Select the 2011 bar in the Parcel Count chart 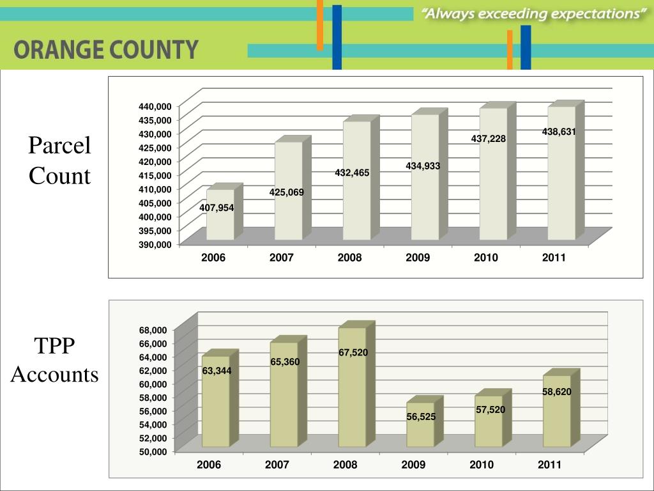pyautogui.click(x=561, y=179)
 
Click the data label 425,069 pyautogui.click(x=287, y=192)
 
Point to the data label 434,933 pyautogui.click(x=423, y=166)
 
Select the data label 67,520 pyautogui.click(x=353, y=352)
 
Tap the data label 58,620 pyautogui.click(x=557, y=392)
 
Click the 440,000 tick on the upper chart pyautogui.click(x=155, y=105)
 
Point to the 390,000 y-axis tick pyautogui.click(x=155, y=244)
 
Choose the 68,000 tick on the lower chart pyautogui.click(x=153, y=330)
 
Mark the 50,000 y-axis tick pyautogui.click(x=153, y=451)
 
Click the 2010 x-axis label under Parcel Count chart pyautogui.click(x=486, y=258)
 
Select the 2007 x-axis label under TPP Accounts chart pyautogui.click(x=277, y=465)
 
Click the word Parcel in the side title pyautogui.click(x=59, y=146)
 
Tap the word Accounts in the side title pyautogui.click(x=55, y=374)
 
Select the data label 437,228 pyautogui.click(x=489, y=139)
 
